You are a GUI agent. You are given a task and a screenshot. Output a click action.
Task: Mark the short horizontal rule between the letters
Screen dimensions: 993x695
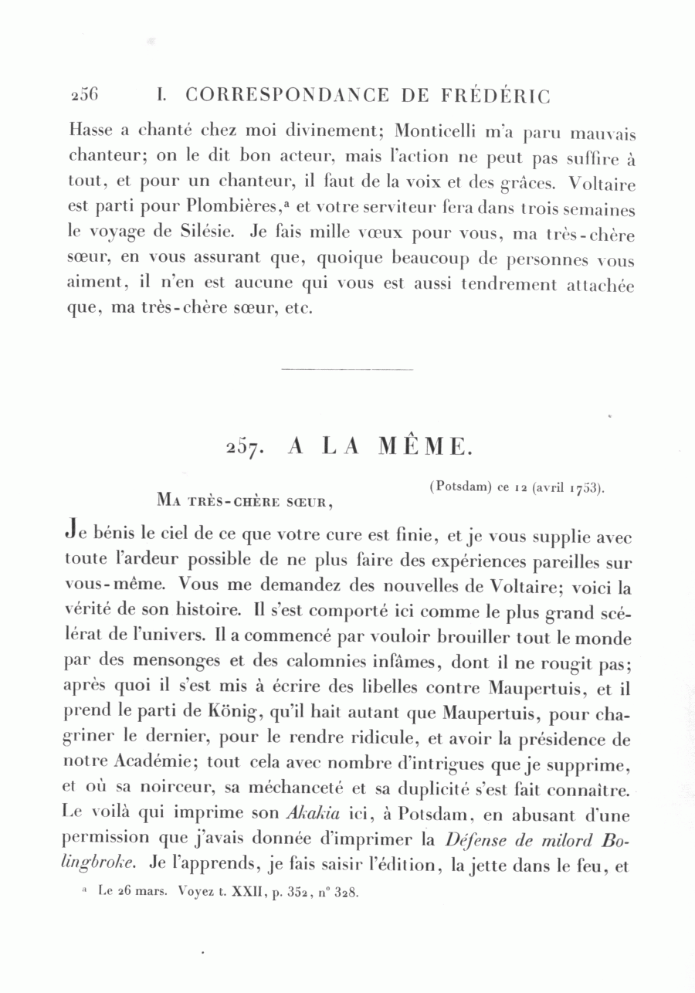point(347,368)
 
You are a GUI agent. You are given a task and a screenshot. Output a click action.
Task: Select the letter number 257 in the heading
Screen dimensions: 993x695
point(246,448)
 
